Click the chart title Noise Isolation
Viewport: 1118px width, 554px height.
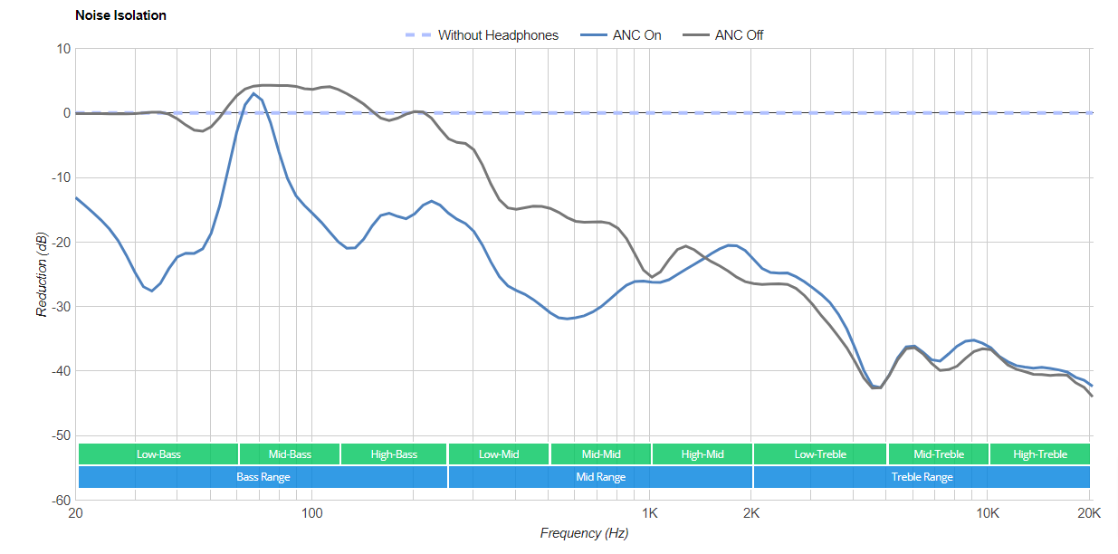(x=120, y=15)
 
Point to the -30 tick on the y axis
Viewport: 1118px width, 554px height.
(x=58, y=307)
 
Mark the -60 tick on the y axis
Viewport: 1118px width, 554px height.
(x=58, y=500)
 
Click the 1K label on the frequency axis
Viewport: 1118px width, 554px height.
(x=649, y=513)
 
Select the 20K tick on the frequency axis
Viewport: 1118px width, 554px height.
(x=1089, y=513)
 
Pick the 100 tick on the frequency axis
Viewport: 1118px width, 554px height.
(x=311, y=513)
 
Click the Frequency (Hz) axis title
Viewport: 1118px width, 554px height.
(x=584, y=533)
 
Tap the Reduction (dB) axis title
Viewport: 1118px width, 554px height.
(x=42, y=274)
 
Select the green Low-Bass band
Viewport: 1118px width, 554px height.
(x=158, y=454)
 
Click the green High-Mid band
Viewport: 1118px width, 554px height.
(x=702, y=454)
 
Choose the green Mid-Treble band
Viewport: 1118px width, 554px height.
(x=938, y=454)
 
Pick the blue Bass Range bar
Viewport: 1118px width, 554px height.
(x=263, y=476)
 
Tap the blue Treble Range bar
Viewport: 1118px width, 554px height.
(x=922, y=476)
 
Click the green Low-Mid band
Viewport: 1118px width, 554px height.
(x=499, y=454)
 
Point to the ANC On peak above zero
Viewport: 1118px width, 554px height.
(x=254, y=93)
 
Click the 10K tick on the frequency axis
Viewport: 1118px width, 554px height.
(x=987, y=513)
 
